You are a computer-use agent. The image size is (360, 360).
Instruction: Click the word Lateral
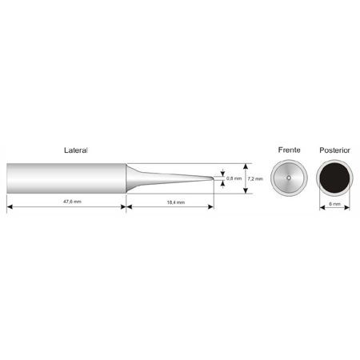[x=76, y=150]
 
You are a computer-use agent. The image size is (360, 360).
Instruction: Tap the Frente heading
[x=289, y=150]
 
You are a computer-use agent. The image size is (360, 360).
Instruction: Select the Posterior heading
[x=334, y=150]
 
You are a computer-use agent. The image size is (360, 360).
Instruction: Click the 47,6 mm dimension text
[x=72, y=202]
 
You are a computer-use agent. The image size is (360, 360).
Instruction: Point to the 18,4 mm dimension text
[x=176, y=202]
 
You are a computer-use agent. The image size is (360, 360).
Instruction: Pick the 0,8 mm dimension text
[x=234, y=178]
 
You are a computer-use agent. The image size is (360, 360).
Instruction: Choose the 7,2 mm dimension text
[x=255, y=178]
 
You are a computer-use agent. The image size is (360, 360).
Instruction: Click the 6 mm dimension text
[x=334, y=204]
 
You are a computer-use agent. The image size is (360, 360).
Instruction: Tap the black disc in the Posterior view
[x=334, y=178]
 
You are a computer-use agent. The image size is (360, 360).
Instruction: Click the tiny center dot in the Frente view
[x=289, y=178]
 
